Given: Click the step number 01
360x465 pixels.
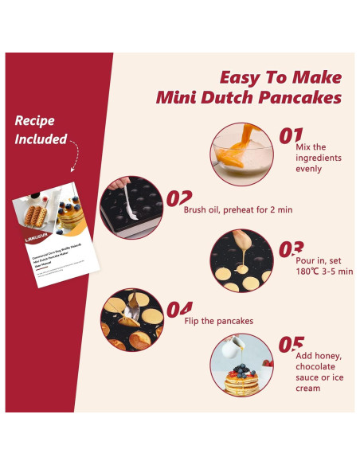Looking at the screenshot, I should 291,135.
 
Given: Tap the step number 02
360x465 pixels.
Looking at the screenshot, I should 179,198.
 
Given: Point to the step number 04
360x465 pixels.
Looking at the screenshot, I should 179,309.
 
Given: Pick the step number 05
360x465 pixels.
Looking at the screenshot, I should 291,345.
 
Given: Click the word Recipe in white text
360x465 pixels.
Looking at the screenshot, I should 35,121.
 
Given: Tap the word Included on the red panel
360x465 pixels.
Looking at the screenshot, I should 40,139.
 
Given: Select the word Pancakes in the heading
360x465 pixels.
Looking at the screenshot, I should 303,98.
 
